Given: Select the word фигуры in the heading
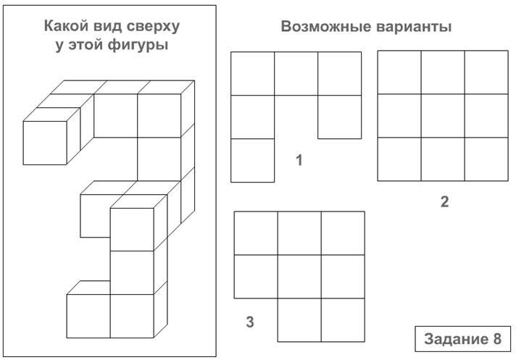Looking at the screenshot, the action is click(138, 45).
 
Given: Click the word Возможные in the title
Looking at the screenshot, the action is click(326, 26).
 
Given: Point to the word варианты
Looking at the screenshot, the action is click(414, 27).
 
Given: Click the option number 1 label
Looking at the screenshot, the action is click(299, 160).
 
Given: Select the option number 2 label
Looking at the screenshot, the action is click(444, 201).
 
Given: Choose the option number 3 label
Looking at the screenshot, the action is click(250, 322).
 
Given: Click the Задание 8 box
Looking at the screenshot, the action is click(462, 339).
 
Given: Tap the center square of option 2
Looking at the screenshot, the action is click(443, 116).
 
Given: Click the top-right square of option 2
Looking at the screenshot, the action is click(486, 72).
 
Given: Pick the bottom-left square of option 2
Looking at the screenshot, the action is click(399, 159).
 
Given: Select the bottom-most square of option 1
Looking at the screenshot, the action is click(253, 160).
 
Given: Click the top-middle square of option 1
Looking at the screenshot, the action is click(296, 74).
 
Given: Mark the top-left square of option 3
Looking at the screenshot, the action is click(256, 233).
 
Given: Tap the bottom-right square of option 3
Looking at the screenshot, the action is click(343, 320).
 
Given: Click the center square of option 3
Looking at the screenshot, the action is click(299, 277).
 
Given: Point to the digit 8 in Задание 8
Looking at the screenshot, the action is click(497, 339).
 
